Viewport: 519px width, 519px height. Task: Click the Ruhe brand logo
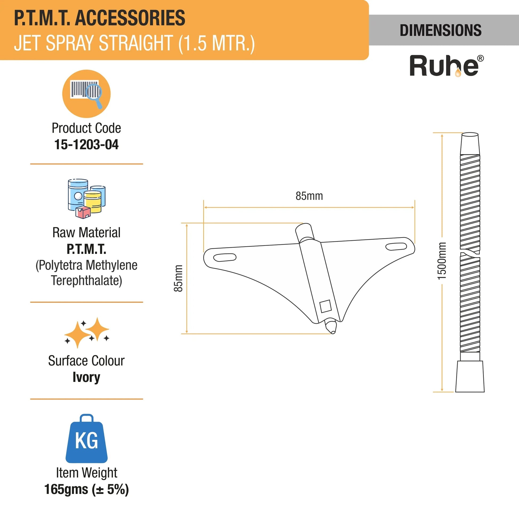[x=446, y=66]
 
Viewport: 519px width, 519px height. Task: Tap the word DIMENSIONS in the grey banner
[x=441, y=30]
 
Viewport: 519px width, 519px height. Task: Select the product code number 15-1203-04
[x=86, y=145]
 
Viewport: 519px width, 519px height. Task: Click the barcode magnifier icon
[x=86, y=94]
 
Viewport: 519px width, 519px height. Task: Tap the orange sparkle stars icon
[x=86, y=333]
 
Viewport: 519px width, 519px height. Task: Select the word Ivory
[x=86, y=377]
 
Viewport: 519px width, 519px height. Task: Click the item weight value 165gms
[x=66, y=489]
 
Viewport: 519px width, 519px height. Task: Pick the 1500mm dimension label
[x=442, y=261]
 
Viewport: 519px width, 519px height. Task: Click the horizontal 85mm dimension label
[x=309, y=196]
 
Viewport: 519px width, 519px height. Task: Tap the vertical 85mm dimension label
[x=178, y=278]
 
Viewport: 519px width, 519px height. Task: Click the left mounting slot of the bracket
[x=225, y=257]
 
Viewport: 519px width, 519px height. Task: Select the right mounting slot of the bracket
[x=396, y=246]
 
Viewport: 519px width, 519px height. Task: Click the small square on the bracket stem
[x=325, y=306]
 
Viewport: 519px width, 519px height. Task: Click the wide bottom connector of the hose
[x=470, y=376]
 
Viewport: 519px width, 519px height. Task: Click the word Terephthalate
[x=86, y=281]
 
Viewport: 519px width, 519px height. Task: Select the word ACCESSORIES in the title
[x=130, y=18]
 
